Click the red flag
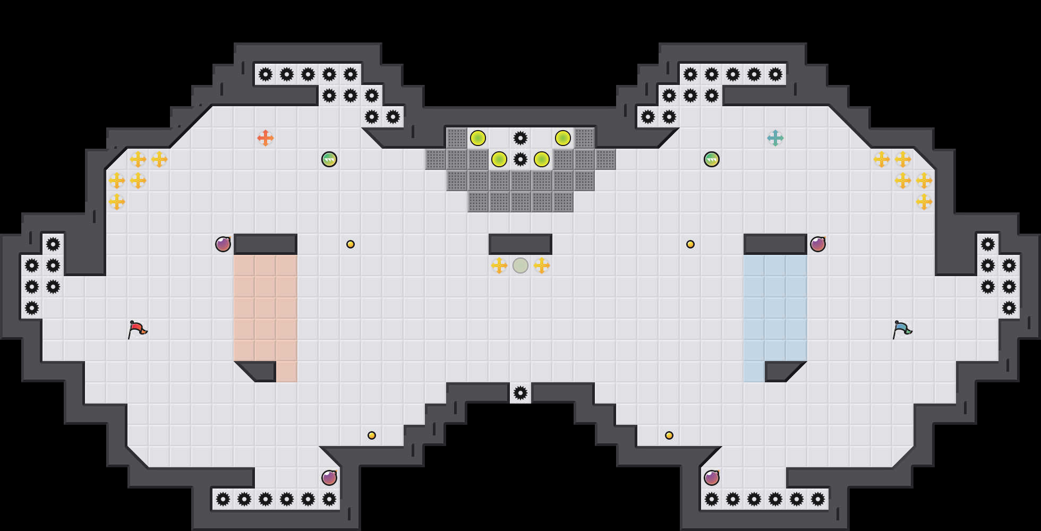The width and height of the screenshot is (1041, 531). coord(137,329)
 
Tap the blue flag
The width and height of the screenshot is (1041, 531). coord(902,329)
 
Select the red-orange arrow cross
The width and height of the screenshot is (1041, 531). coord(266,138)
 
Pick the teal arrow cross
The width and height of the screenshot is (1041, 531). coord(775,138)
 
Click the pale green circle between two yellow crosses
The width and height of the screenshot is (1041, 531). coord(520,265)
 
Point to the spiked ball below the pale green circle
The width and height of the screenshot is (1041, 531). coord(520,393)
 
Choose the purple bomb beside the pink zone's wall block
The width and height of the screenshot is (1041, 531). coord(223,244)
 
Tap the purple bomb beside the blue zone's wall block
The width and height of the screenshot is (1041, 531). coord(818,244)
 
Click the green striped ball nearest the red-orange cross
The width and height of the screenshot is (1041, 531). coord(329,159)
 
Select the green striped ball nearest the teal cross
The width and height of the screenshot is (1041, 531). coord(712,159)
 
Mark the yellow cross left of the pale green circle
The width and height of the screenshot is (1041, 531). coord(499,265)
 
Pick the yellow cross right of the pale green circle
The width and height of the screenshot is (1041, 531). coord(542,265)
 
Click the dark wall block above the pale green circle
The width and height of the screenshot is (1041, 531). coord(520,244)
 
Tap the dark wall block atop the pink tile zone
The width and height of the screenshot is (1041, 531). coord(266,244)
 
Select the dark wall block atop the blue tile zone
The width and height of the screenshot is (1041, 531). coord(775,244)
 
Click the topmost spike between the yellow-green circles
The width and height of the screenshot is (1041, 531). coord(520,138)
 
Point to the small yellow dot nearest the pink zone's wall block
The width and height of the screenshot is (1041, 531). coord(351,244)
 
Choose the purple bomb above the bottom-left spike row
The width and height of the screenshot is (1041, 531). coord(329,478)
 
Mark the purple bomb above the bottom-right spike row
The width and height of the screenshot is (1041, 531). coord(712,478)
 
